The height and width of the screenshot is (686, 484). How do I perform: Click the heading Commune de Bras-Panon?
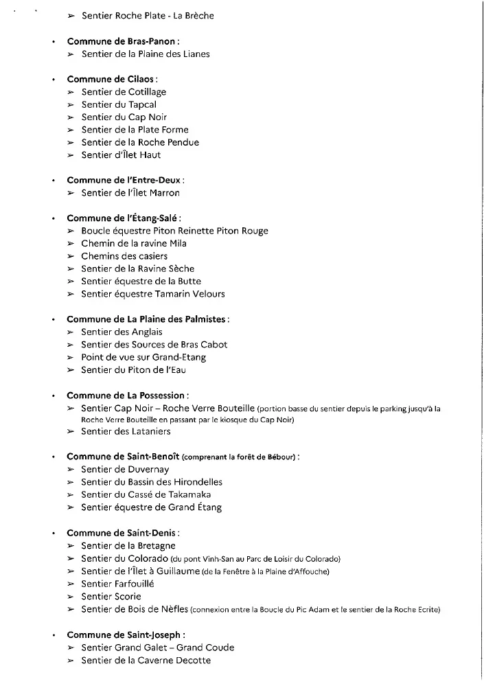click(x=123, y=41)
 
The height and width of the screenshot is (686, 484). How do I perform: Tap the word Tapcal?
click(x=142, y=104)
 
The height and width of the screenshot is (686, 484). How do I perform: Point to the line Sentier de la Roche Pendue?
click(x=140, y=142)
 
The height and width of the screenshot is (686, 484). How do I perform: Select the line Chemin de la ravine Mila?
click(x=134, y=243)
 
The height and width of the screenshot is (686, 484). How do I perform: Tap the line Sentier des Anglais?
click(x=122, y=332)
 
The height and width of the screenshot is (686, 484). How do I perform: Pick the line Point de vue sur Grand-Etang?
click(x=143, y=357)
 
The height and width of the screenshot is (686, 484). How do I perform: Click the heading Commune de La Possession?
click(x=128, y=396)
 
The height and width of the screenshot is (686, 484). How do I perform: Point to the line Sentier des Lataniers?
click(x=126, y=431)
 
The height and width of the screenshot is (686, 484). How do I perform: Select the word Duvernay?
click(x=148, y=469)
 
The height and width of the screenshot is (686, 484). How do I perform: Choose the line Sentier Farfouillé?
click(x=117, y=584)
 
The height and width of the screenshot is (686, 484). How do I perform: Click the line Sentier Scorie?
click(x=111, y=596)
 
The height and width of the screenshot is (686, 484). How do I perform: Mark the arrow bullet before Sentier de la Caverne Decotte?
click(x=71, y=661)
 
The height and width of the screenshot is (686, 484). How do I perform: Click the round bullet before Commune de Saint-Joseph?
click(x=53, y=635)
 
